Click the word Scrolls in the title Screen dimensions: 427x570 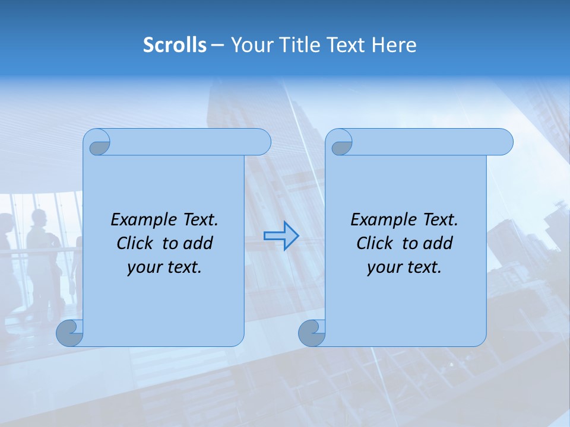(175, 45)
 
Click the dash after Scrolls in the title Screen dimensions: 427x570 (217, 45)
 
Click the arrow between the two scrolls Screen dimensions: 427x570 (281, 235)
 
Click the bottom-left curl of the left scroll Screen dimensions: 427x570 (69, 334)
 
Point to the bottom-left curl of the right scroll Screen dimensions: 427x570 (311, 334)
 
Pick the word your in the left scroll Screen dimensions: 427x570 (143, 268)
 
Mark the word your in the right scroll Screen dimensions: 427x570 (383, 268)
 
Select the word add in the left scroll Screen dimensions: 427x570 (198, 244)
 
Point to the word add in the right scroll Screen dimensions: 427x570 (438, 244)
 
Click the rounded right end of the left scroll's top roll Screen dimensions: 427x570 (261, 142)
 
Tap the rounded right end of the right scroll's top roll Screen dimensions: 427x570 (503, 142)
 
